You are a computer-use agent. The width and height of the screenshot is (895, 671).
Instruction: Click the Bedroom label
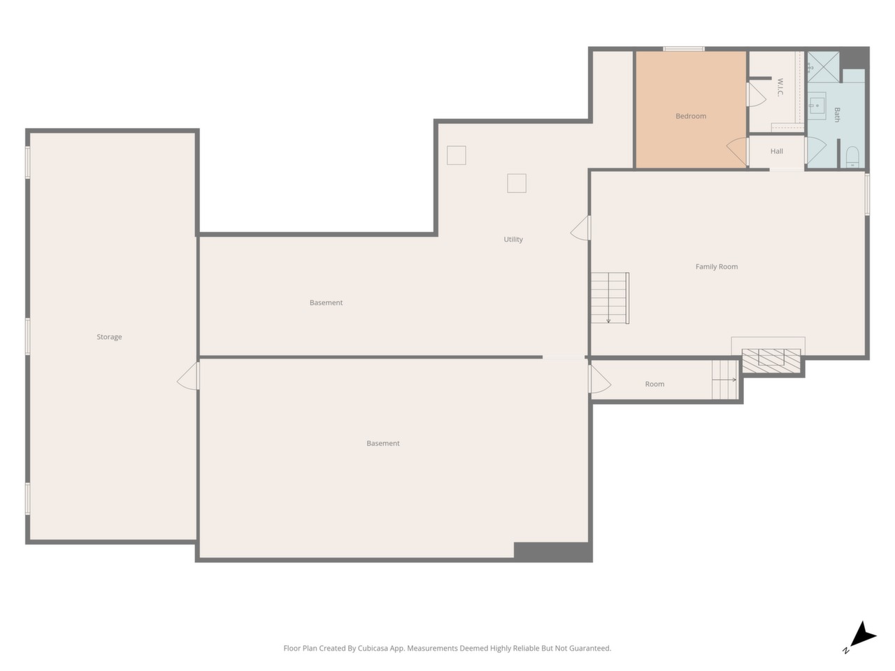click(x=690, y=116)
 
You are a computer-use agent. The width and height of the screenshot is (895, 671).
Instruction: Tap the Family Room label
click(x=717, y=267)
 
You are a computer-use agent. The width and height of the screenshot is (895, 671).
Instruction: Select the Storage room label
click(x=109, y=337)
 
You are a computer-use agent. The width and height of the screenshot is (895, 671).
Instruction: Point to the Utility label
click(x=513, y=240)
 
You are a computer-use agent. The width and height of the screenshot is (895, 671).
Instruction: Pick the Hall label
click(x=776, y=151)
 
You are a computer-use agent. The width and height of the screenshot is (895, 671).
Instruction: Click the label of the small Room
click(x=654, y=384)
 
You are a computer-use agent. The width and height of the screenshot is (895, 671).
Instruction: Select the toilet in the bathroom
click(x=852, y=157)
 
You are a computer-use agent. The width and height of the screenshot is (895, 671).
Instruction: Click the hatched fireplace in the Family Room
click(x=771, y=361)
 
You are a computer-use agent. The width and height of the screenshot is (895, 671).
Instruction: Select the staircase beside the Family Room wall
click(x=610, y=298)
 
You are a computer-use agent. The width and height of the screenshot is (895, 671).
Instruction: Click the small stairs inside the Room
click(x=724, y=380)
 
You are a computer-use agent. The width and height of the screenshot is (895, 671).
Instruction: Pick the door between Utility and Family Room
click(x=580, y=228)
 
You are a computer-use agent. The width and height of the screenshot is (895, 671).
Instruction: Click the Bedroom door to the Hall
click(x=738, y=152)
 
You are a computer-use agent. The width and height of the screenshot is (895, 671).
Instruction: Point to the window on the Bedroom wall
click(x=684, y=49)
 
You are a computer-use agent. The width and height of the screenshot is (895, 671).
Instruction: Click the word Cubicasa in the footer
click(x=373, y=648)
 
